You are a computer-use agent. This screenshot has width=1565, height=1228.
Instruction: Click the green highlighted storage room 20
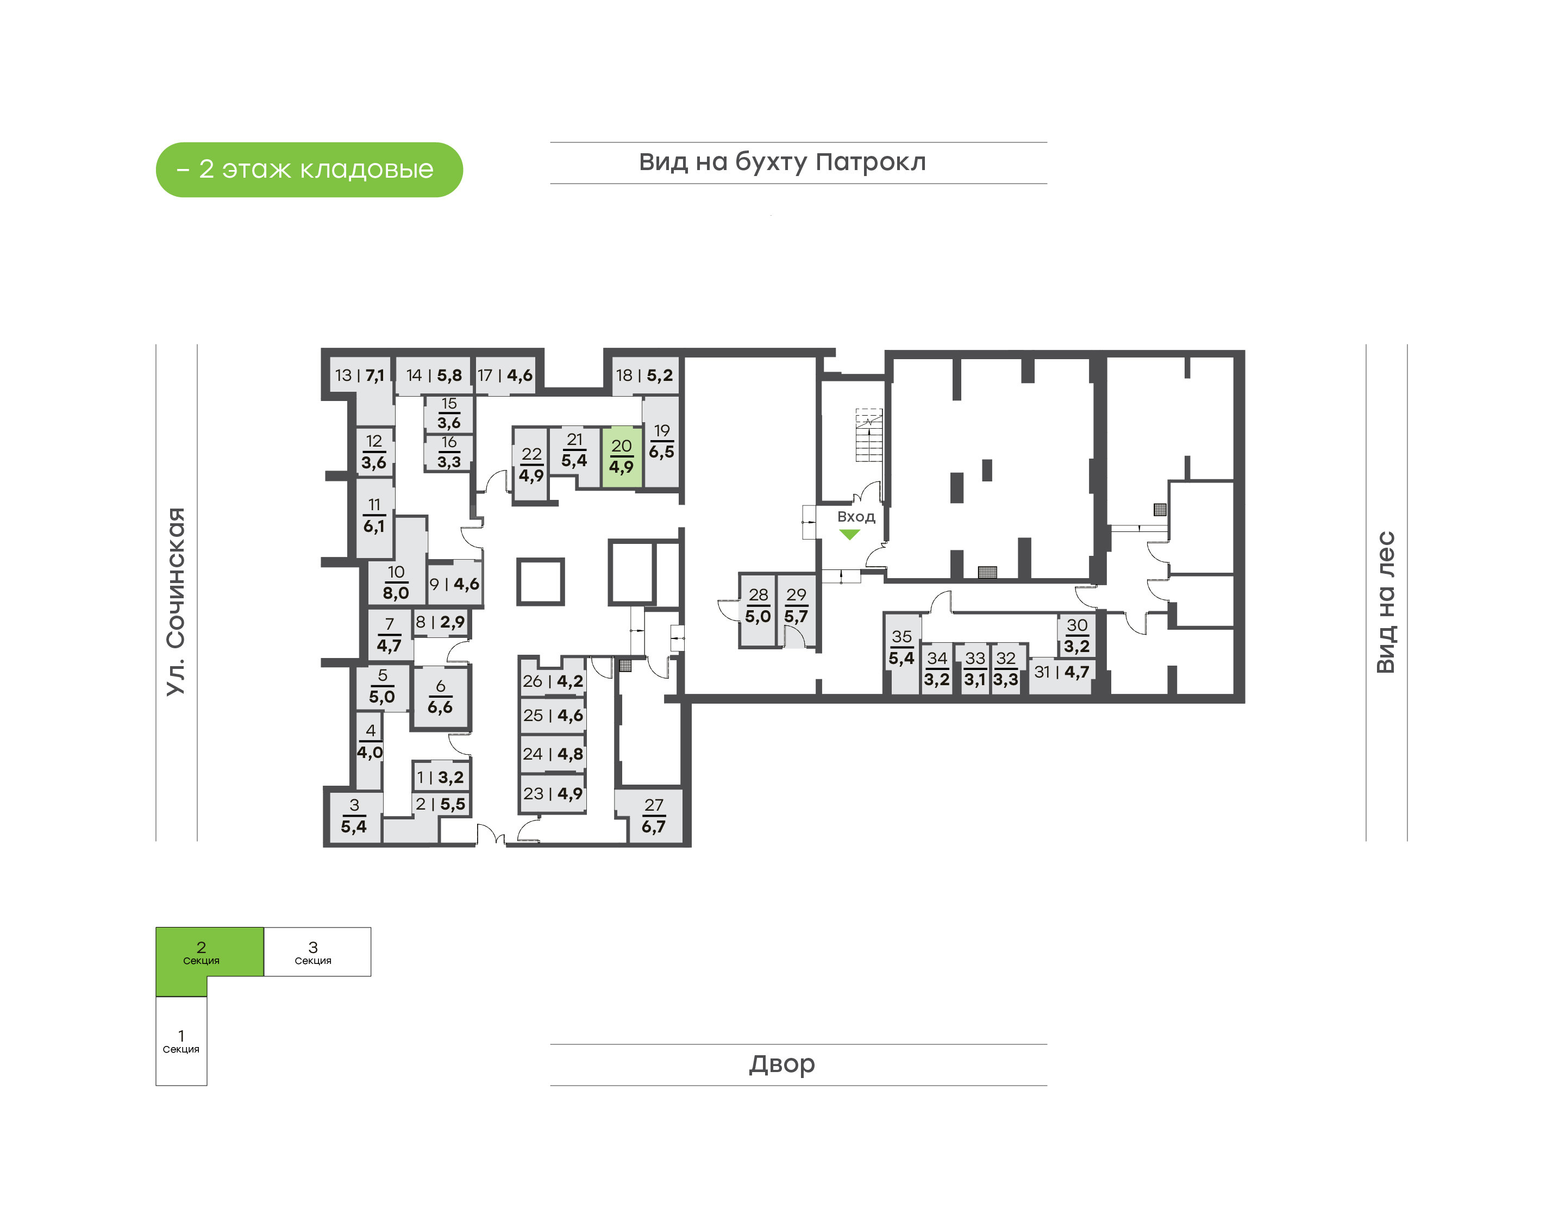621,458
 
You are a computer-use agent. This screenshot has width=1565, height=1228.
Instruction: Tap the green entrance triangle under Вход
849,534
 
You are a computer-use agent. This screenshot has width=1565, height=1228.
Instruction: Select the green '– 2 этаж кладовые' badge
309,170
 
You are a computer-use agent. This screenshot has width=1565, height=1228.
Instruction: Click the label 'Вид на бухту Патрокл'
782,162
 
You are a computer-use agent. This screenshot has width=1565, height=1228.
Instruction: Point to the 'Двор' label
782,1064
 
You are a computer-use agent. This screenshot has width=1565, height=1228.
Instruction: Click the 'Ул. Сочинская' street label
176,601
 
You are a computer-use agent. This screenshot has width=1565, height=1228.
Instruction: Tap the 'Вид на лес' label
1385,602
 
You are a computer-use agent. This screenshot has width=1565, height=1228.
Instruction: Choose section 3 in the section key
317,951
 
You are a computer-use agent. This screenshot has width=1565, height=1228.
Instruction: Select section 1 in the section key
181,1041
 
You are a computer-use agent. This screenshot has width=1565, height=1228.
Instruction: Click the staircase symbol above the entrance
868,435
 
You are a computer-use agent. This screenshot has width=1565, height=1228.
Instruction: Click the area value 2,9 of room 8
452,622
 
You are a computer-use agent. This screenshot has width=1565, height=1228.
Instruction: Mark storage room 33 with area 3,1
974,669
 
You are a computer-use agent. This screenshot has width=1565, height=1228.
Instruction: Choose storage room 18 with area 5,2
644,375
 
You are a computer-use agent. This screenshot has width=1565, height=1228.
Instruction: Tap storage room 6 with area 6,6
440,697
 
